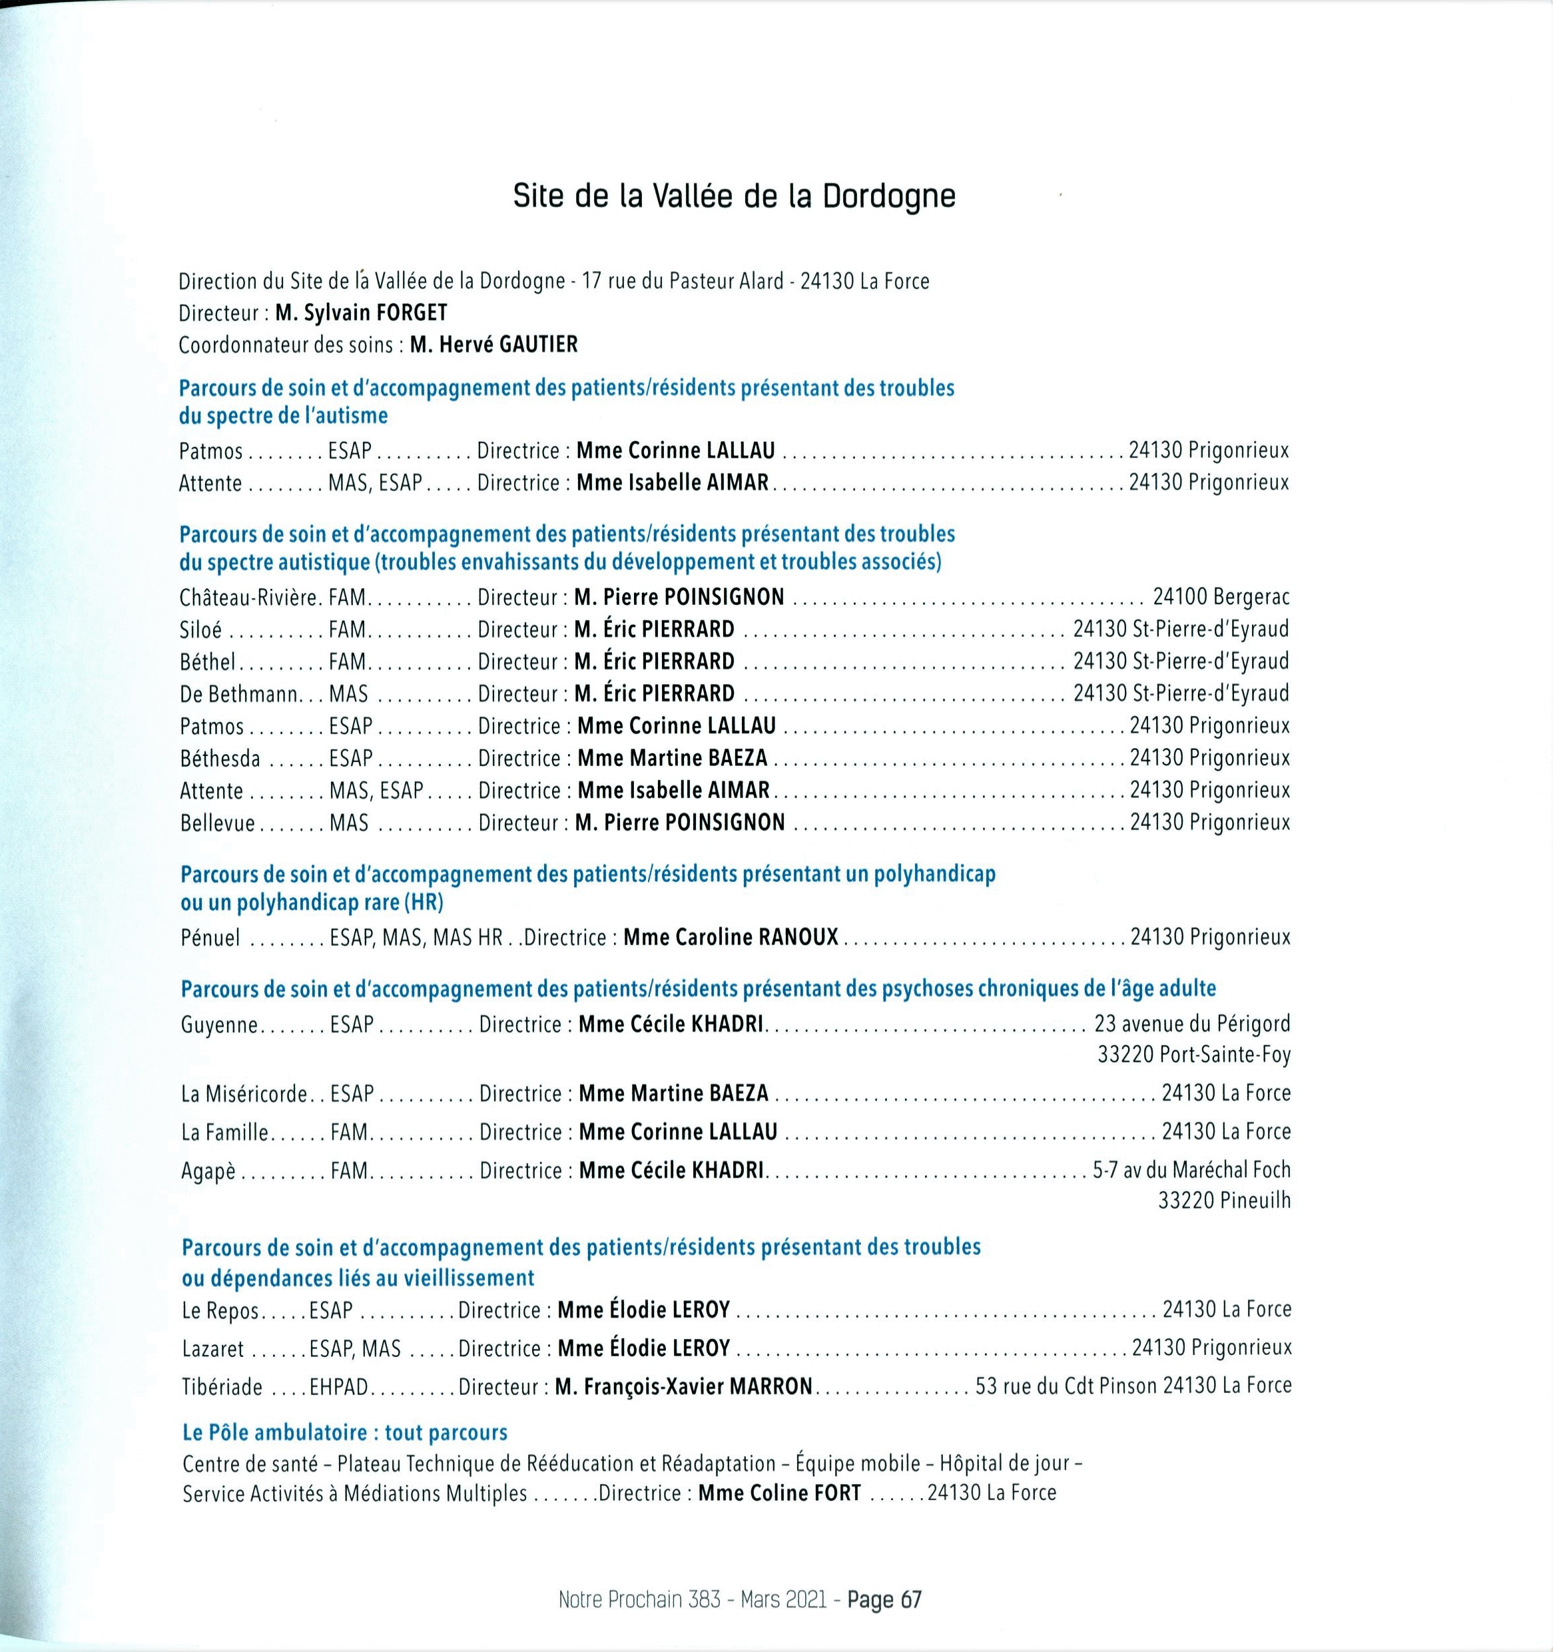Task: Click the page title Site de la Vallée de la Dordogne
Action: [734, 196]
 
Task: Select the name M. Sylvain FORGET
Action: [362, 312]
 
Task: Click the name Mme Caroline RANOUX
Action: [731, 937]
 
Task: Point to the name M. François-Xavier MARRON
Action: [684, 1386]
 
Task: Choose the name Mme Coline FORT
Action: [779, 1493]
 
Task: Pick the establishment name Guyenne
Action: [219, 1025]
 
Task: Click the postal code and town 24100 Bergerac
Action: [1221, 597]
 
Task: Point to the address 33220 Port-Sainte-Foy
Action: [1194, 1055]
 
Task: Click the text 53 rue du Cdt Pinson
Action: [1066, 1386]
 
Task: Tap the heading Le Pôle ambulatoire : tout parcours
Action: [345, 1433]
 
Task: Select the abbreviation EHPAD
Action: [339, 1387]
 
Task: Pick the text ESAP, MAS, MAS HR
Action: [416, 937]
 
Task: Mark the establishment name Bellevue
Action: [218, 823]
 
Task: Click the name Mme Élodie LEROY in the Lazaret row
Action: [644, 1348]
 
